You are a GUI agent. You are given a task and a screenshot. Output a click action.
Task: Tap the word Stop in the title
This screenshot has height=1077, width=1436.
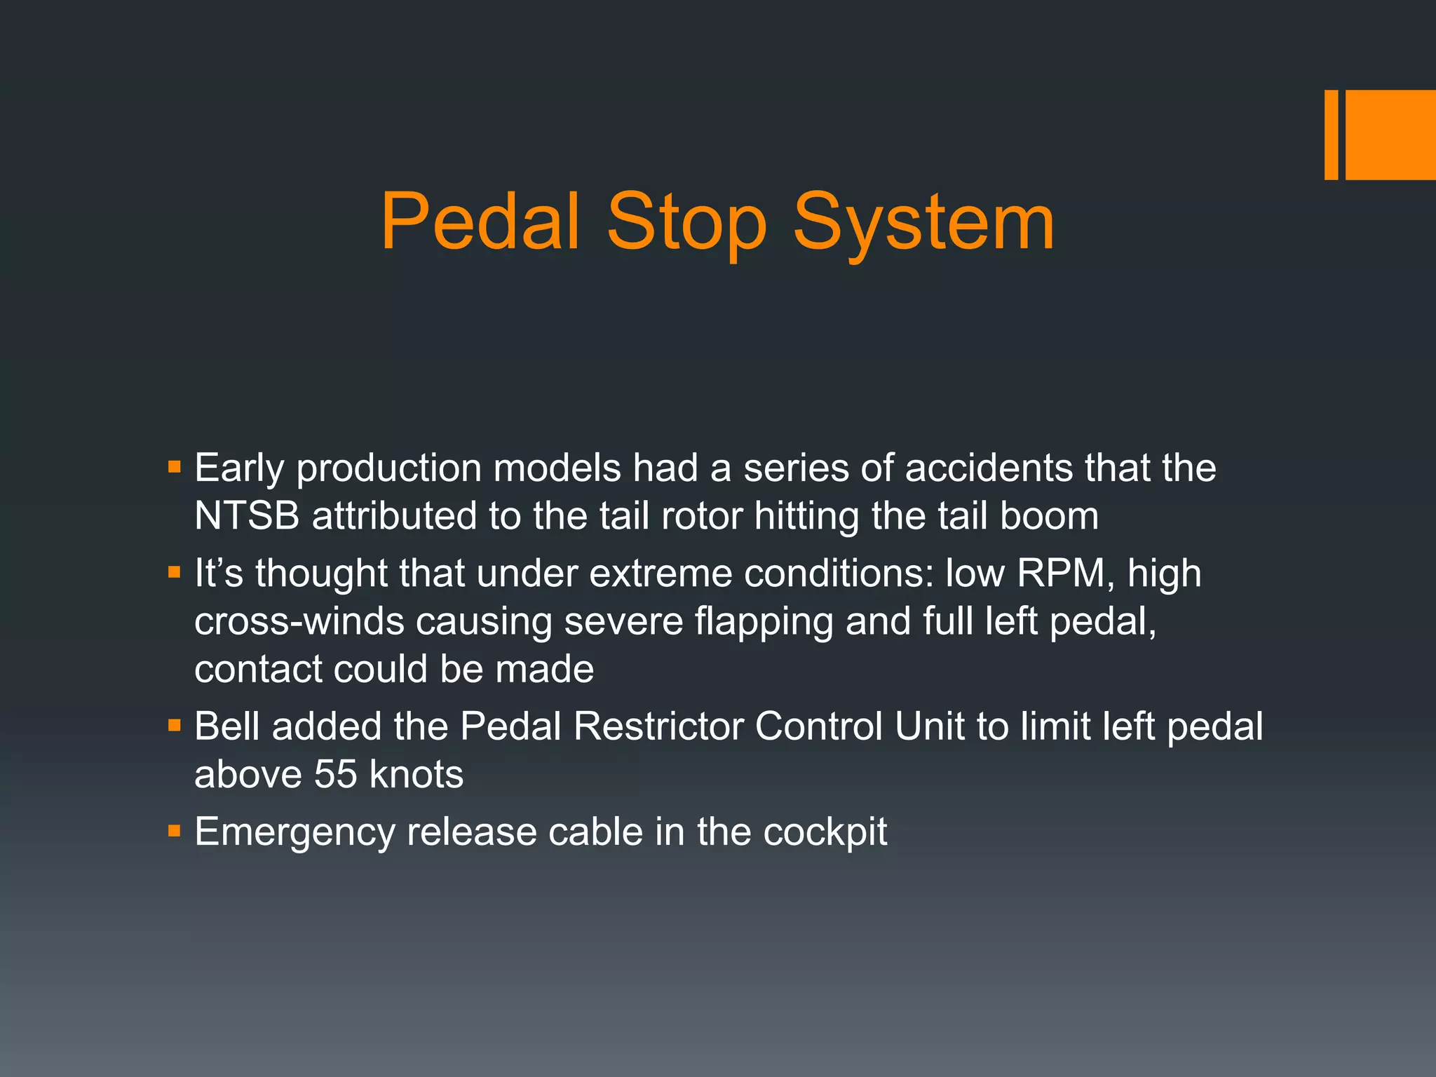click(686, 223)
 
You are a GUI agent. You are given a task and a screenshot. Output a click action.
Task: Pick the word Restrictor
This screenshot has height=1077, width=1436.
click(658, 726)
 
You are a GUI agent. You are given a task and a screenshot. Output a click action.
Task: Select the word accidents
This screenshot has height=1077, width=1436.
click(989, 468)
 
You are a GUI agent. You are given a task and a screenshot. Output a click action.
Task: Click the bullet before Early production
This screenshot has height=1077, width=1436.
click(175, 466)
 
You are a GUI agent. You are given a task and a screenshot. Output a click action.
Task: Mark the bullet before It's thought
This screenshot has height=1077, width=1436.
click(175, 572)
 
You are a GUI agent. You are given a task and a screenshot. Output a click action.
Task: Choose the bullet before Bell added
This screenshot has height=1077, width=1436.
click(175, 725)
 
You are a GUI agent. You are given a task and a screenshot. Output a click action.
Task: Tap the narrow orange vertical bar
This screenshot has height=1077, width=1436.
click(1331, 135)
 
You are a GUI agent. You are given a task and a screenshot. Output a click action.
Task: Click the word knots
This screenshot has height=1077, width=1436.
click(416, 775)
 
